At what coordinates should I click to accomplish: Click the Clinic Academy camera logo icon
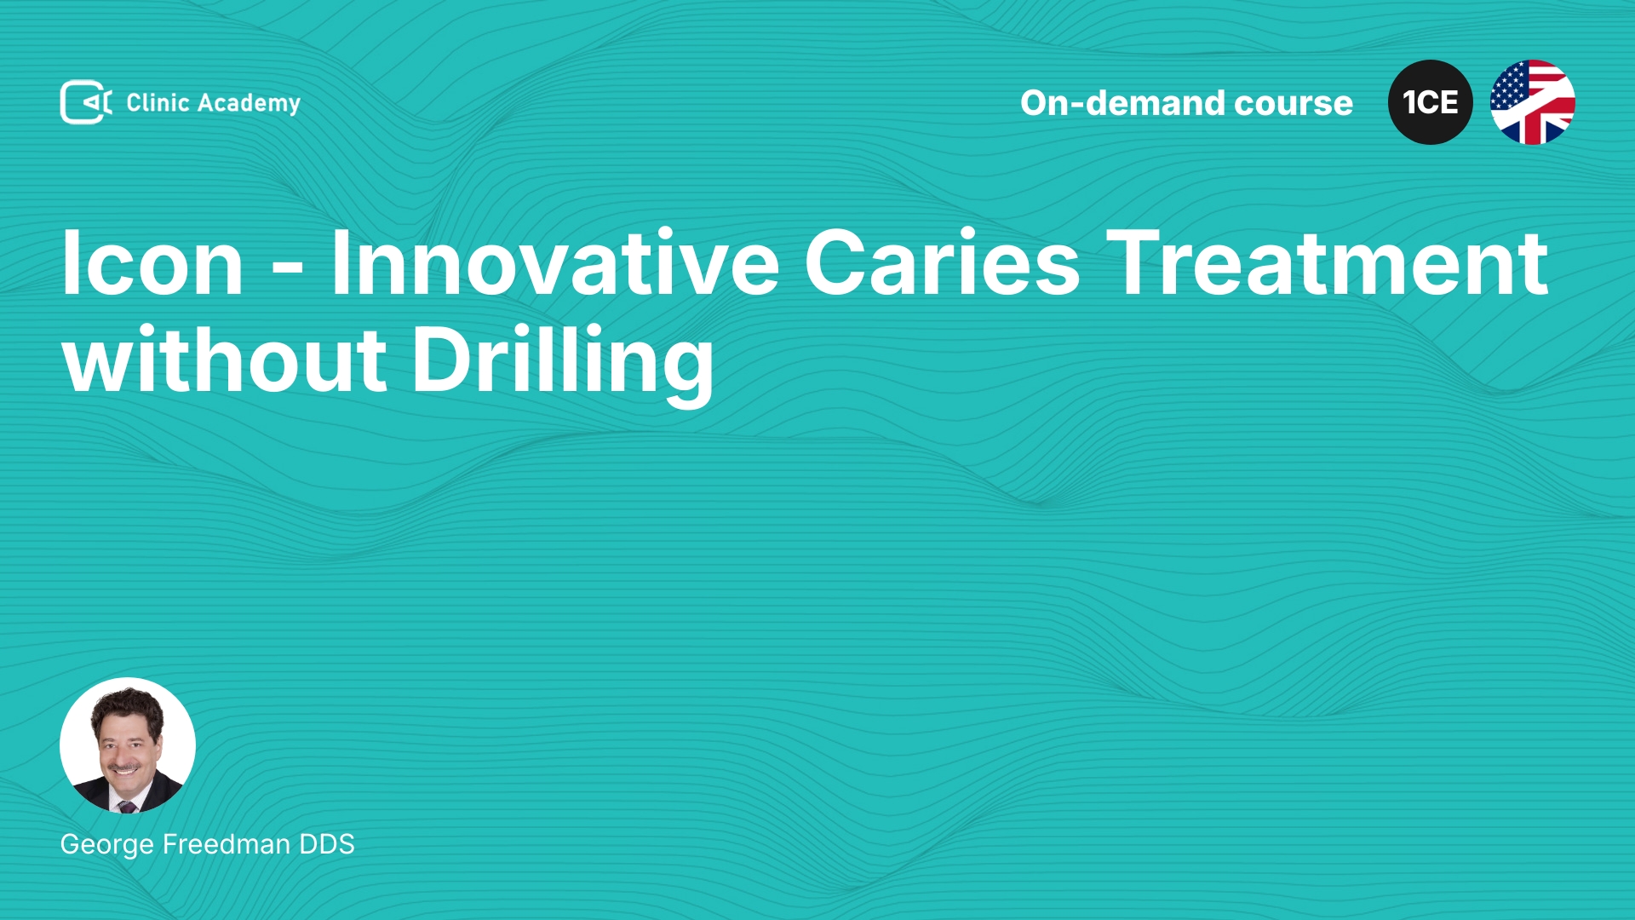coord(85,102)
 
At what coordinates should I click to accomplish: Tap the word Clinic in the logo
coord(158,102)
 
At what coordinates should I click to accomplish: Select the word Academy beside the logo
coord(249,104)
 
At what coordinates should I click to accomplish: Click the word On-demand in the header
coord(1123,103)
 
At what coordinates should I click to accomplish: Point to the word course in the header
coord(1294,104)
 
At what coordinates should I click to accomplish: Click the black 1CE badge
coord(1431,102)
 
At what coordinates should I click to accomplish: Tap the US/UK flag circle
coord(1533,102)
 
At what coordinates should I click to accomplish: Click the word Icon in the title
coord(152,263)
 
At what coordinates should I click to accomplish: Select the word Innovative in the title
coord(554,263)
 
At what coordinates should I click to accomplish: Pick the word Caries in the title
coord(942,263)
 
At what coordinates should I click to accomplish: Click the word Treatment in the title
coord(1327,263)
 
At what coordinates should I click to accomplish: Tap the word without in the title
coord(225,359)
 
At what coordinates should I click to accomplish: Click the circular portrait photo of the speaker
coord(128,745)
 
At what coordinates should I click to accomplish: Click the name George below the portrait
coord(107,845)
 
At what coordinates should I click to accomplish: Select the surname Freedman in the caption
coord(227,844)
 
